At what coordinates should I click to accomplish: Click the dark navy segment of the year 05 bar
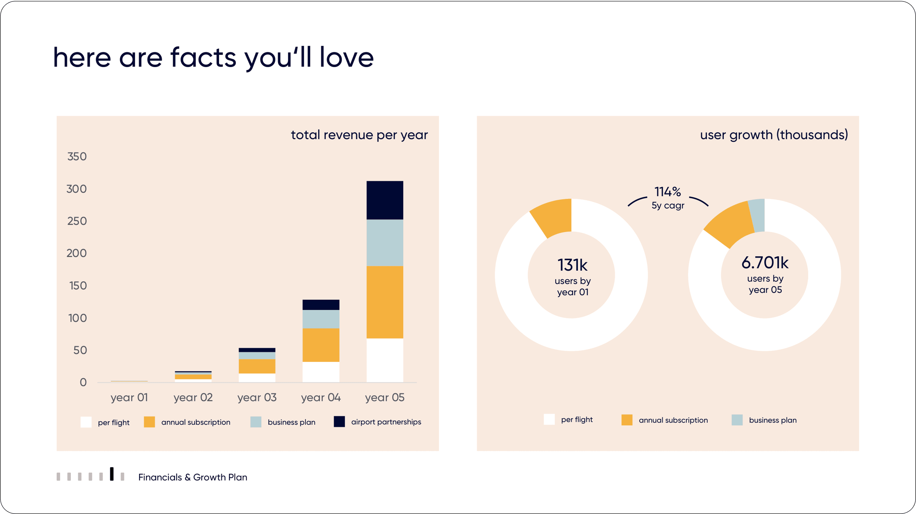pos(385,200)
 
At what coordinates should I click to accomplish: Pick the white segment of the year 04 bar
pos(321,372)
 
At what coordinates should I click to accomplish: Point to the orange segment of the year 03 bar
pos(257,366)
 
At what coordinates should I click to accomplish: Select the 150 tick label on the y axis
pos(78,286)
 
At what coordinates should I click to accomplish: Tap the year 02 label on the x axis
pos(193,397)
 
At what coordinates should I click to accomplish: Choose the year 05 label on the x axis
pos(385,397)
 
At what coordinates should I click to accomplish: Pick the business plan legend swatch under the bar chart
pos(256,422)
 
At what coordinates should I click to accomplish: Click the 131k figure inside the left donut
pos(573,265)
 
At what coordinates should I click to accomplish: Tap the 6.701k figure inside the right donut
pos(765,263)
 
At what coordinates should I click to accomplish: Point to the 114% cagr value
pos(668,192)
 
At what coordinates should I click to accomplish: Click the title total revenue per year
pos(359,135)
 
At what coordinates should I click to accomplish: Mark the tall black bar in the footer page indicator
pos(112,474)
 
